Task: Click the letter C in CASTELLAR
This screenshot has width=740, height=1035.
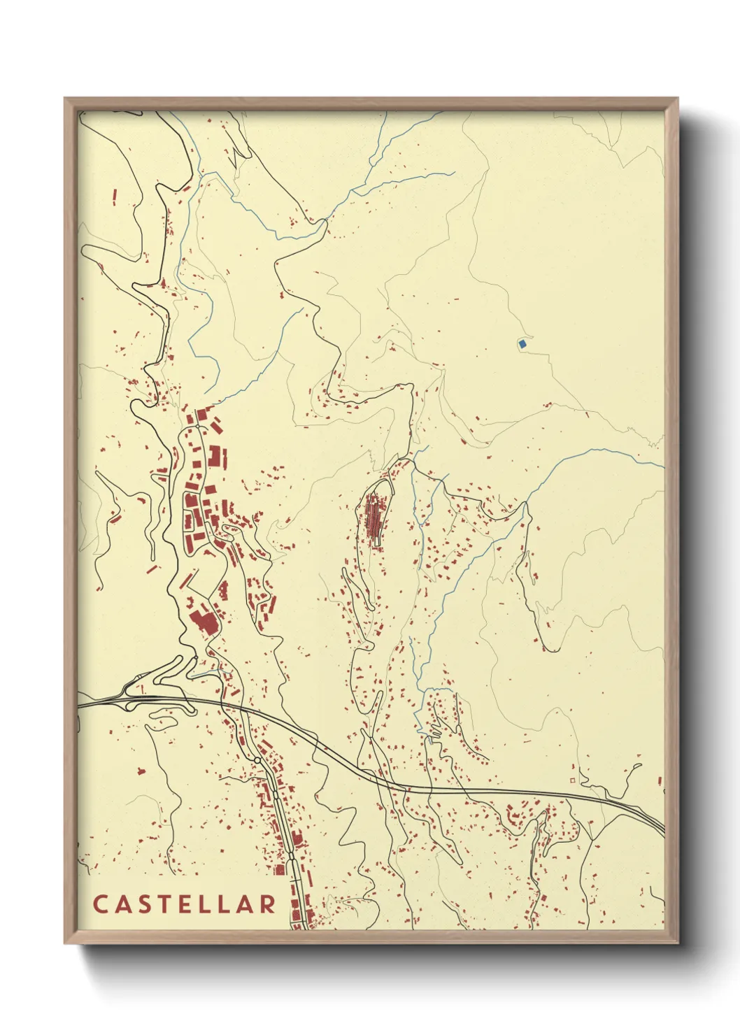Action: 99,904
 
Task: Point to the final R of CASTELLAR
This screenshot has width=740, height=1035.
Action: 268,904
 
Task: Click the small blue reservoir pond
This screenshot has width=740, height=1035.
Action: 522,343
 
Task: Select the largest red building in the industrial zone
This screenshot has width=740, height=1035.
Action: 203,621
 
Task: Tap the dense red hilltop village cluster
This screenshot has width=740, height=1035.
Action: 373,517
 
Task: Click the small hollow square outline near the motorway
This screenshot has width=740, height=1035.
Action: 573,780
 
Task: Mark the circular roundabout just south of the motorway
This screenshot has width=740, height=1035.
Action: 257,760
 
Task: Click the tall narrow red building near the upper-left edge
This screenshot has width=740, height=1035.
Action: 114,197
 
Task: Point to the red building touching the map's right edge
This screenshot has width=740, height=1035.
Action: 660,780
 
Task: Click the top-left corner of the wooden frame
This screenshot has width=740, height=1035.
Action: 65,99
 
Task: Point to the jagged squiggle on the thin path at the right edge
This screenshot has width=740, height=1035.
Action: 655,441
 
